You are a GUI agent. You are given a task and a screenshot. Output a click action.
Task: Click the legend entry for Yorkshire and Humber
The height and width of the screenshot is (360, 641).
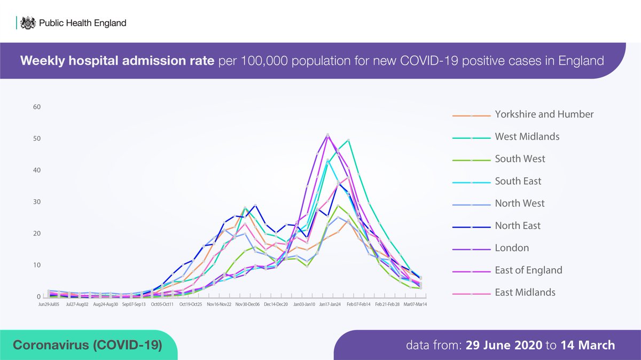tap(544, 114)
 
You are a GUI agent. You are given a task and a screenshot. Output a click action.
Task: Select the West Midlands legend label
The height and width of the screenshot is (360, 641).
tap(527, 137)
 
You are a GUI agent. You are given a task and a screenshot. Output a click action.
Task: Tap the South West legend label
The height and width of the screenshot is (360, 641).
tap(520, 159)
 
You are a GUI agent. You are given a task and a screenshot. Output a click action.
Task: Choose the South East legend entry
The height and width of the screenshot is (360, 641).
tap(518, 181)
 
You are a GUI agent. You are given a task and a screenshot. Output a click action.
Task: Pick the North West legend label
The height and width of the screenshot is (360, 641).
tap(519, 204)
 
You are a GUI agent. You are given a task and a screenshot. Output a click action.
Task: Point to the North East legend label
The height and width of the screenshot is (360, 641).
tap(518, 226)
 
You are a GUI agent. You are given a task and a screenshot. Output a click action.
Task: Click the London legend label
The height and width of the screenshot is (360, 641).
tap(512, 248)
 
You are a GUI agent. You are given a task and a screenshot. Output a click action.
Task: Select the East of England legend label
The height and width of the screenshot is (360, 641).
tap(528, 270)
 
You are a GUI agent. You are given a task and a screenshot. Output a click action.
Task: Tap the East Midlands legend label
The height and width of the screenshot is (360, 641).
tap(525, 292)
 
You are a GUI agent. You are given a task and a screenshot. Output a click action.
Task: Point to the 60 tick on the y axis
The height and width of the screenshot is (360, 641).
tap(36, 107)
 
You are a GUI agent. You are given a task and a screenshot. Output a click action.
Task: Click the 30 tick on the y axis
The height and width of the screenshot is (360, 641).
tap(36, 202)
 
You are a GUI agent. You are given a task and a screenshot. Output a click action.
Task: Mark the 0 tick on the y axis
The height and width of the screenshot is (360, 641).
tap(38, 297)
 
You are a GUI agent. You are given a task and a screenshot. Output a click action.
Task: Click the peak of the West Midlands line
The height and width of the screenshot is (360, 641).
tap(348, 140)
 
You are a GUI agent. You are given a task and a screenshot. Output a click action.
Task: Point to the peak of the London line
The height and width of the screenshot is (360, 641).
tap(327, 135)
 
